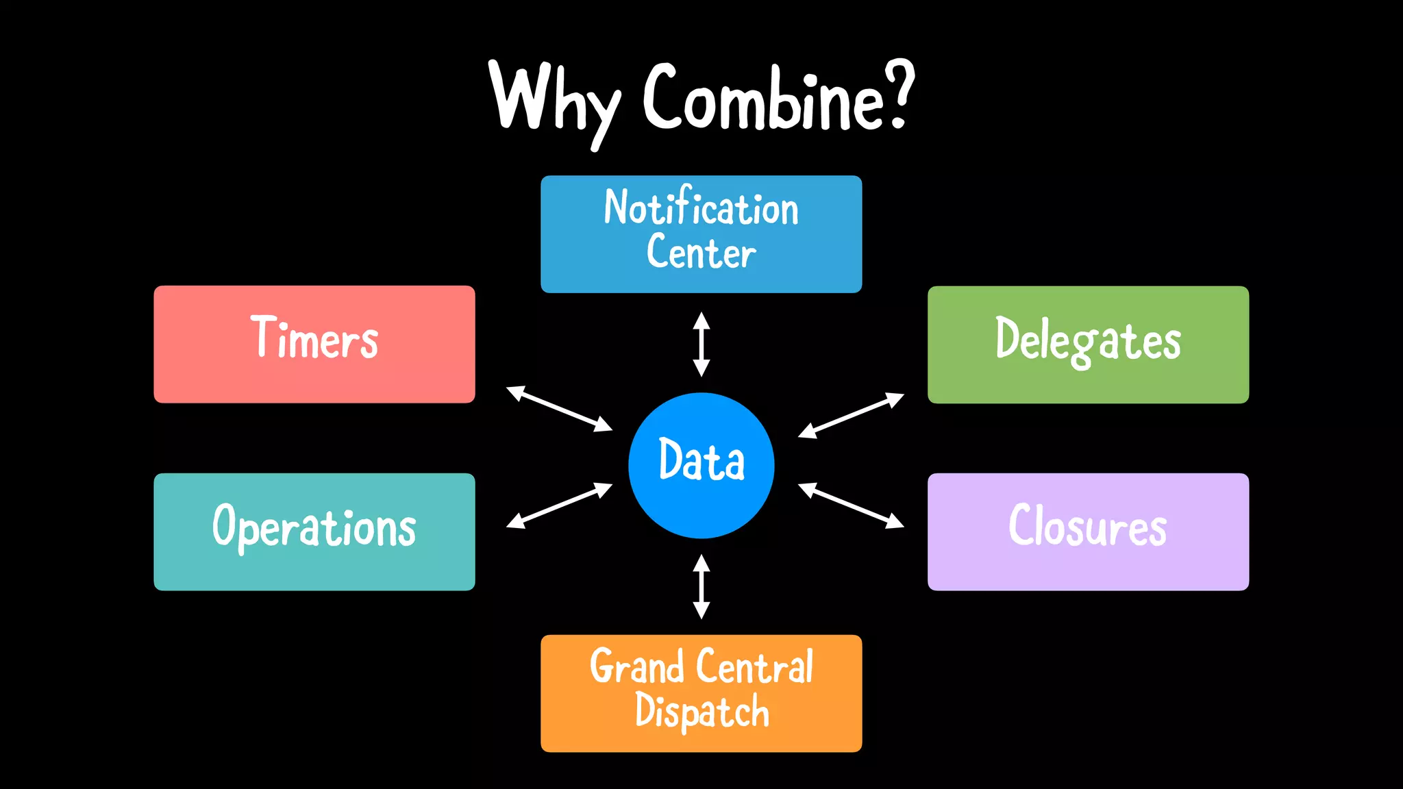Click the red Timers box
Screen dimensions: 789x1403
coord(314,344)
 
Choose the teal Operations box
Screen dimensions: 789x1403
coord(314,531)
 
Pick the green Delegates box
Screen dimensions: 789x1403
coord(1088,345)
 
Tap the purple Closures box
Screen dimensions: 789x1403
coord(1088,531)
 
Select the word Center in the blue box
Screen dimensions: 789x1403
coord(701,252)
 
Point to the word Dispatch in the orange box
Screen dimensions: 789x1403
coord(701,711)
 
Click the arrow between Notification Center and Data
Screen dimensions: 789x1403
coord(701,344)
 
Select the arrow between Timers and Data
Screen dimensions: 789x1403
coord(559,409)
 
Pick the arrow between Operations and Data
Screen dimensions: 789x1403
coord(559,505)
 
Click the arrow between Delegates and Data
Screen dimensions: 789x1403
coord(851,415)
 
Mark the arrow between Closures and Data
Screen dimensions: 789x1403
coord(851,505)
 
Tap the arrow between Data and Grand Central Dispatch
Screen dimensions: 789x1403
coord(701,586)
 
